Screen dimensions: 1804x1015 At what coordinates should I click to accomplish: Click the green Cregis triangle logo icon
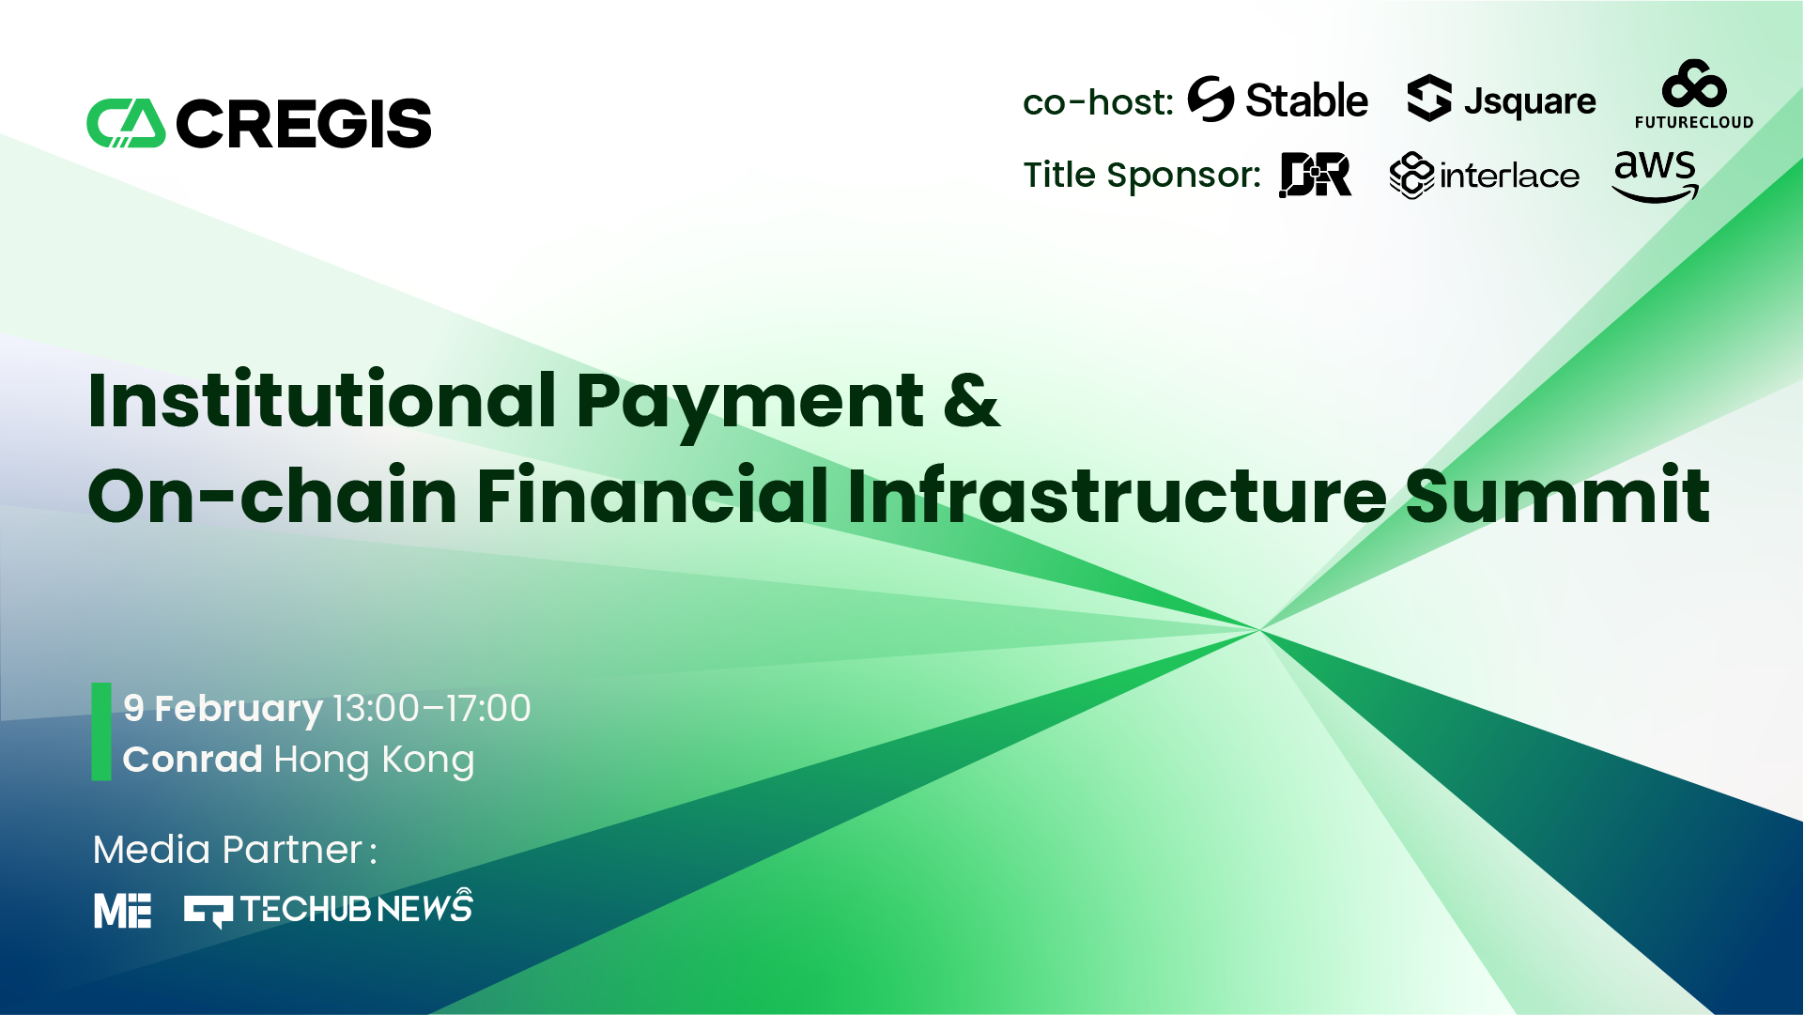[x=126, y=123]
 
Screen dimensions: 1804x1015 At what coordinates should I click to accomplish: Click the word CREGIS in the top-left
[x=303, y=124]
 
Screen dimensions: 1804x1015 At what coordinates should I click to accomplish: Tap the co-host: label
[x=1098, y=101]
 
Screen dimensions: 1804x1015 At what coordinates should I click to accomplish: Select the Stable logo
[x=1278, y=100]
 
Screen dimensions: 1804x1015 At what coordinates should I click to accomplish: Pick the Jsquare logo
[x=1502, y=100]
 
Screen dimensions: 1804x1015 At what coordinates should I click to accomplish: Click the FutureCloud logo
[x=1694, y=94]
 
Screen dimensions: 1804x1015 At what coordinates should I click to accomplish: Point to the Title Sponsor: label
[x=1142, y=176]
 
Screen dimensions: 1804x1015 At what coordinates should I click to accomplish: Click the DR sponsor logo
[x=1316, y=175]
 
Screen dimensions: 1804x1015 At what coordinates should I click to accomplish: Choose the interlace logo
[x=1485, y=176]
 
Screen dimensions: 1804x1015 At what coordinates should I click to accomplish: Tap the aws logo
[x=1655, y=177]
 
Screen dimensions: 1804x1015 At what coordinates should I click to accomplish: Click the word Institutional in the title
[x=322, y=401]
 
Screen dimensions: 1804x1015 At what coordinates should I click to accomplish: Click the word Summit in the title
[x=1558, y=495]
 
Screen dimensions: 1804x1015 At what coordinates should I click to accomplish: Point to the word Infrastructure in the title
[x=1118, y=495]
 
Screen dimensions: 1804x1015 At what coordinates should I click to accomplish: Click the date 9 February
[x=223, y=709]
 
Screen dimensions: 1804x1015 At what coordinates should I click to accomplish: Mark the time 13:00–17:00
[x=432, y=708]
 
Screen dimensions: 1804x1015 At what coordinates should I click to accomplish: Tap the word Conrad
[x=193, y=759]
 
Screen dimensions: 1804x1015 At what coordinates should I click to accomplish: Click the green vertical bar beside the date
[x=101, y=731]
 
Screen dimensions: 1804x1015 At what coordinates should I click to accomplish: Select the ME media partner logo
[x=122, y=911]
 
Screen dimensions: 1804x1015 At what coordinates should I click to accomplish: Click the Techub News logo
[x=328, y=908]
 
